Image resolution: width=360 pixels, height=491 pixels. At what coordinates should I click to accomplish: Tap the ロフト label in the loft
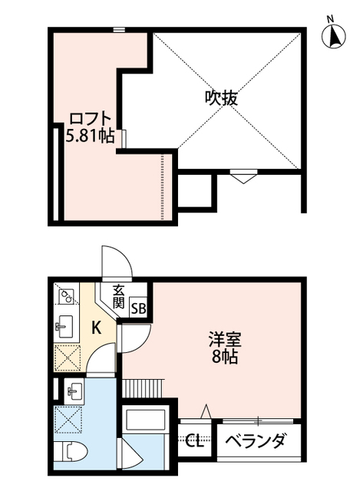tap(91, 119)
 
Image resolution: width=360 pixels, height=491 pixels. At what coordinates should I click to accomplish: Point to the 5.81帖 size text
tap(91, 137)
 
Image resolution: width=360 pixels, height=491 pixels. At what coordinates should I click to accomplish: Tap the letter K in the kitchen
tap(97, 328)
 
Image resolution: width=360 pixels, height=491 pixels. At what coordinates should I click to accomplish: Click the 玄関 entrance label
tap(119, 296)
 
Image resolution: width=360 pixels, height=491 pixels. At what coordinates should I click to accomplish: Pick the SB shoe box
tap(138, 308)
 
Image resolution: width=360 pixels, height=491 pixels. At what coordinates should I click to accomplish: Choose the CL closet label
tap(195, 442)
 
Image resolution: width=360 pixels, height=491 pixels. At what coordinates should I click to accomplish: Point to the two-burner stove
tap(65, 295)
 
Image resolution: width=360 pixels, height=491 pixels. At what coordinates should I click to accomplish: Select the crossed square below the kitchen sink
tap(68, 355)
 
